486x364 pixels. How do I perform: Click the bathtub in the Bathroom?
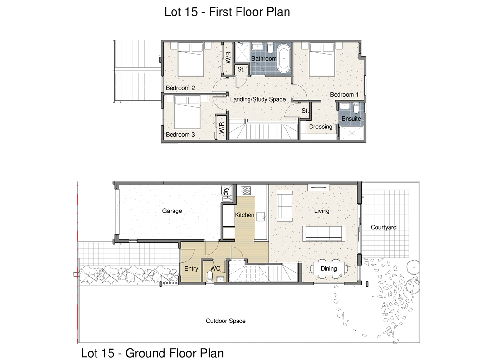[x=284, y=59]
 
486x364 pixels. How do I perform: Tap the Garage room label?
[x=172, y=211]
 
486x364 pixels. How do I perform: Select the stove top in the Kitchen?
[x=246, y=190]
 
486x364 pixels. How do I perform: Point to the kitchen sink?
[x=261, y=217]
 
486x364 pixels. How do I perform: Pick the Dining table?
[x=329, y=269]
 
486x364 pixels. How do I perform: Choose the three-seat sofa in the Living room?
[x=324, y=234]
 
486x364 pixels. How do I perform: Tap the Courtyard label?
[x=383, y=227]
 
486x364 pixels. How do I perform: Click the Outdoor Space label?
[x=225, y=321]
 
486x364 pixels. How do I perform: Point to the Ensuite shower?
[x=352, y=133]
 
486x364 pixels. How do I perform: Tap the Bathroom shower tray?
[x=242, y=52]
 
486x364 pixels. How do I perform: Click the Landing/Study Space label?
[x=258, y=99]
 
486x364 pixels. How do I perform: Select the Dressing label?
[x=321, y=127]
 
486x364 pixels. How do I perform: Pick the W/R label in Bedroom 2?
[x=228, y=57]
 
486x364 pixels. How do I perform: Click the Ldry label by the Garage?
[x=225, y=193]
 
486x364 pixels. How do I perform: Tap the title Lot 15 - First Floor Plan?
[x=227, y=12]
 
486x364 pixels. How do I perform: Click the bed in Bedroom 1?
[x=322, y=60]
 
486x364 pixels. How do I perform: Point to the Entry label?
[x=191, y=269]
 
